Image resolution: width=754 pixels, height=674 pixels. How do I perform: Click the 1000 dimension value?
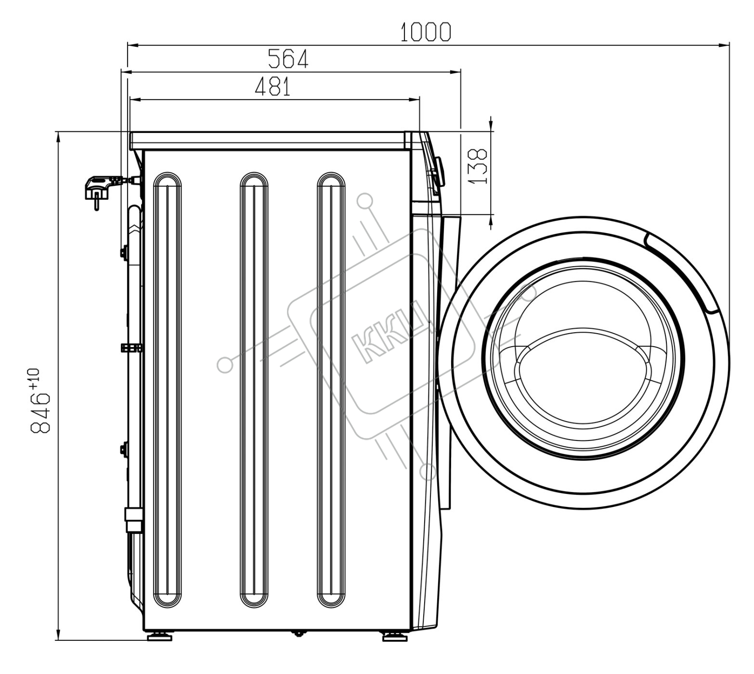426,32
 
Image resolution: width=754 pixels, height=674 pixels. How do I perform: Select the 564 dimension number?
288,59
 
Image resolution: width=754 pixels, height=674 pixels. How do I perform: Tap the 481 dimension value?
273,87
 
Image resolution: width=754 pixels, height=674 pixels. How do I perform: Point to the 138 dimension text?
478,166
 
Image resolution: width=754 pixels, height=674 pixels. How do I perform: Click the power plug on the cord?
100,189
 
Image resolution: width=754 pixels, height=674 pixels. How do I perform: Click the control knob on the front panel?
439,172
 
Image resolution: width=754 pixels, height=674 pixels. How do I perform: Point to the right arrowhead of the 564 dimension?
455,72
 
